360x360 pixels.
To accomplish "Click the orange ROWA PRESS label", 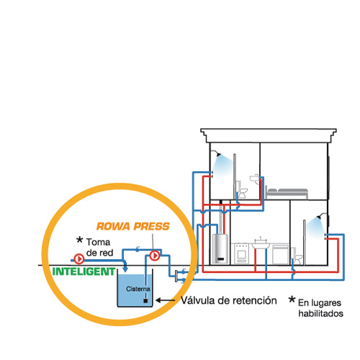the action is (133, 226).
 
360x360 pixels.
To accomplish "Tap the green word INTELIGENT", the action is (84, 271).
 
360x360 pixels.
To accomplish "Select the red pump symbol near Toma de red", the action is (78, 259).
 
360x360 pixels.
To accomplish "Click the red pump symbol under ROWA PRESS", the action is (155, 256).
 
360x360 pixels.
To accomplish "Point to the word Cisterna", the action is (138, 289).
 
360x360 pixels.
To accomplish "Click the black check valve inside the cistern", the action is (145, 300).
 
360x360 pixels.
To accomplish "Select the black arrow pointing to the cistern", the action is (166, 300).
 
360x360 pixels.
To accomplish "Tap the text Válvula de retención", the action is (229, 300).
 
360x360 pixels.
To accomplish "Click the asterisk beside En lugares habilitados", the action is (292, 300).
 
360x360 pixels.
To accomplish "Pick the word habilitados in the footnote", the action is (321, 313).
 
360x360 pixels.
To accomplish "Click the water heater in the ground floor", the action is (220, 248).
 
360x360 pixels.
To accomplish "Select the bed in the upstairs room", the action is (287, 193).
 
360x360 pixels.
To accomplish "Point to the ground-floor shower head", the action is (320, 217).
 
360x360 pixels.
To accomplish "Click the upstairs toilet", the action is (242, 191).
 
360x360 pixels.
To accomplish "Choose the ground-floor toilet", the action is (297, 257).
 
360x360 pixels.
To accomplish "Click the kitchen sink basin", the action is (261, 245).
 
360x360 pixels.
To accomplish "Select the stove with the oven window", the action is (241, 253).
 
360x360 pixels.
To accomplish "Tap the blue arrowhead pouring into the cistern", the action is (125, 269).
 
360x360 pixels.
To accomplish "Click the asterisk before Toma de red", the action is (79, 240).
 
